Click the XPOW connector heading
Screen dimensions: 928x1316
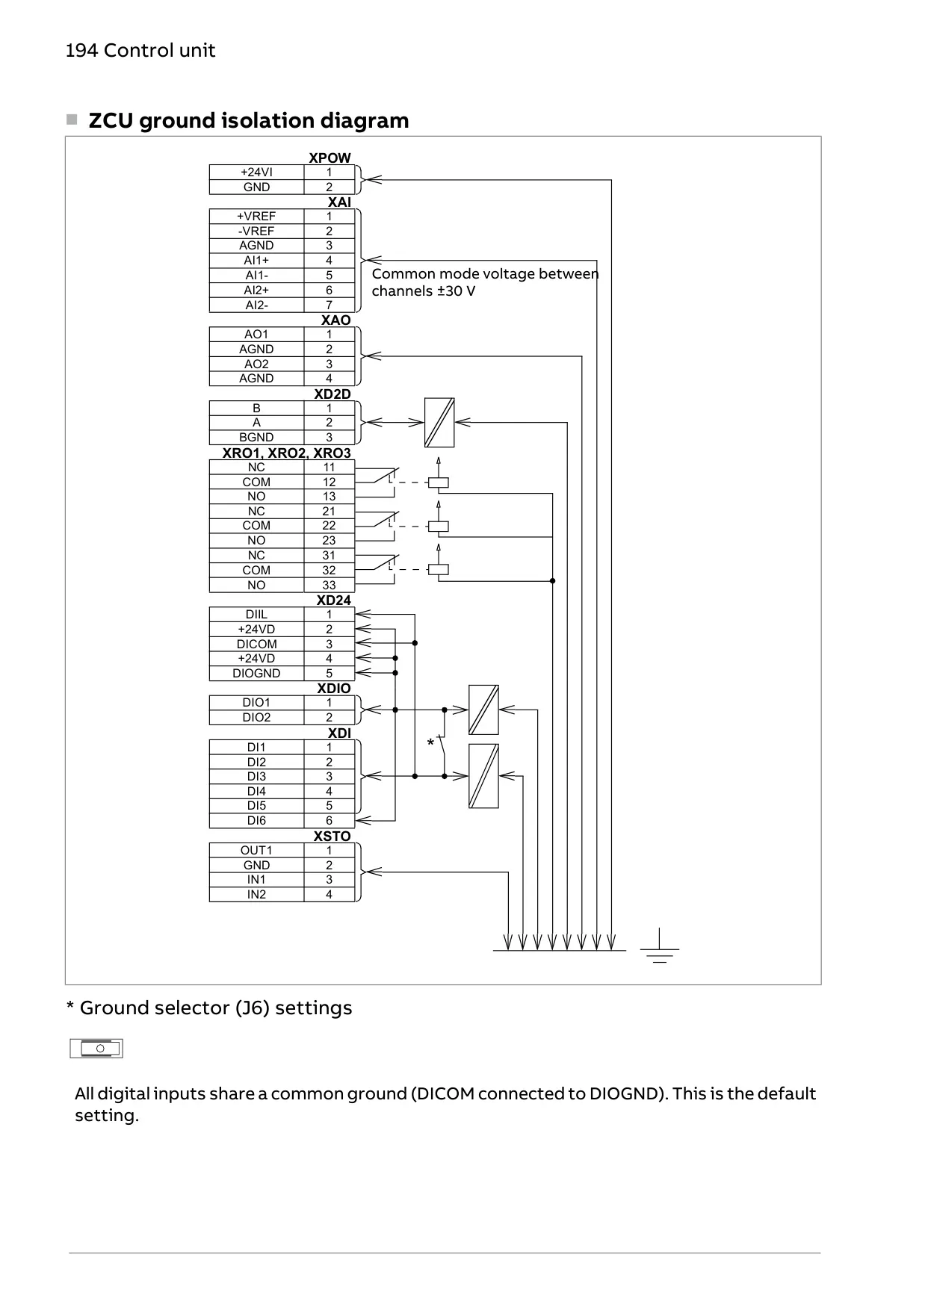[x=330, y=158]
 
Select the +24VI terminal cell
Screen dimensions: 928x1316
[x=256, y=173]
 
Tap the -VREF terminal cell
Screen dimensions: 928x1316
[x=256, y=231]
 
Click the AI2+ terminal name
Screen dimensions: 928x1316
[x=256, y=290]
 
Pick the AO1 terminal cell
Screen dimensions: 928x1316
[x=256, y=335]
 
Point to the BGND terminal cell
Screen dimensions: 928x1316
[x=256, y=437]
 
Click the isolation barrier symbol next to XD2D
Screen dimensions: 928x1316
[x=439, y=423]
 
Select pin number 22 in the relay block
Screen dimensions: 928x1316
[x=329, y=526]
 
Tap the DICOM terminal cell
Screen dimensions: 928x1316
[x=256, y=644]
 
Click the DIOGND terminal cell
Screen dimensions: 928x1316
[x=256, y=673]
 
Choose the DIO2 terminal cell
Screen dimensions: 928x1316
[x=256, y=717]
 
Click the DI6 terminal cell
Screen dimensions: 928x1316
[x=256, y=820]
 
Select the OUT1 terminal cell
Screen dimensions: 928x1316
[x=256, y=850]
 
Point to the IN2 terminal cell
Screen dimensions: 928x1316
[x=256, y=894]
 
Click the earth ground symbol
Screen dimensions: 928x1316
[x=660, y=946]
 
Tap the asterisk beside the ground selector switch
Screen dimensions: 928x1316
[x=430, y=743]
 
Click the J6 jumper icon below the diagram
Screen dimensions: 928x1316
[x=96, y=1049]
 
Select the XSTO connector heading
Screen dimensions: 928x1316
[x=332, y=836]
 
